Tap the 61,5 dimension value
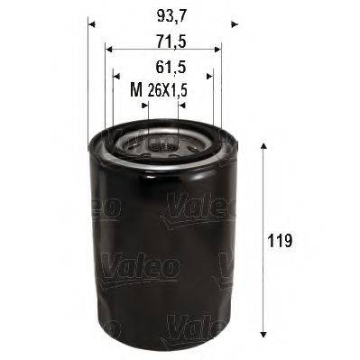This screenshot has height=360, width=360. click(162, 66)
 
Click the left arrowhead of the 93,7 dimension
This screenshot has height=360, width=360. click(93, 24)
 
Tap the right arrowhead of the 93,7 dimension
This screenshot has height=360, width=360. click(232, 24)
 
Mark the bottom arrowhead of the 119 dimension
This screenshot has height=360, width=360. click(262, 343)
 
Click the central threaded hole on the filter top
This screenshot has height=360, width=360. click(162, 145)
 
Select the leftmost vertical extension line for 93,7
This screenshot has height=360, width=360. click(89, 81)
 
